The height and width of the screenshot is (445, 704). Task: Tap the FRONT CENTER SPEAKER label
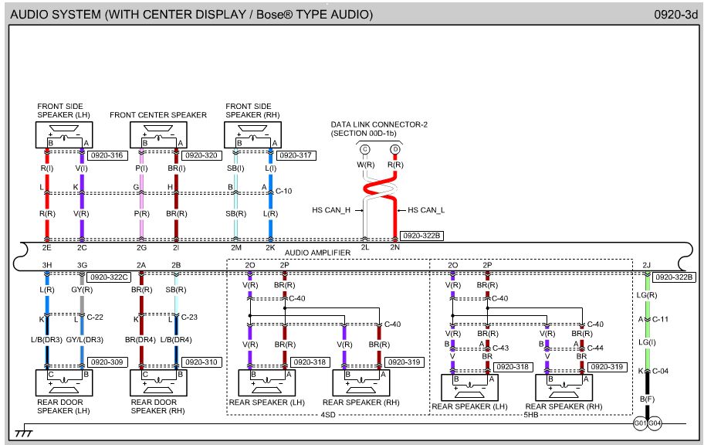[158, 115]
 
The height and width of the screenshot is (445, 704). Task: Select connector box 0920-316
[107, 155]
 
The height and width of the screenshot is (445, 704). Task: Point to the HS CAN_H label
[331, 210]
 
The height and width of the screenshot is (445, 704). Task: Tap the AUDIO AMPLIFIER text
[317, 253]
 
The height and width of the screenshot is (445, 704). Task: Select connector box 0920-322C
[108, 276]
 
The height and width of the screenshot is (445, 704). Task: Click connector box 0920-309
[107, 362]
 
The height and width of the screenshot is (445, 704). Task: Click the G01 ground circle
[639, 423]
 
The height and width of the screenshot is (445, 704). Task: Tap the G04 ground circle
[655, 423]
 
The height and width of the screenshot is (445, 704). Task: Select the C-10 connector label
[286, 190]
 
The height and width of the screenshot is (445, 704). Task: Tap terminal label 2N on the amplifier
[394, 248]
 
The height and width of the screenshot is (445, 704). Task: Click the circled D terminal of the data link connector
[395, 148]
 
